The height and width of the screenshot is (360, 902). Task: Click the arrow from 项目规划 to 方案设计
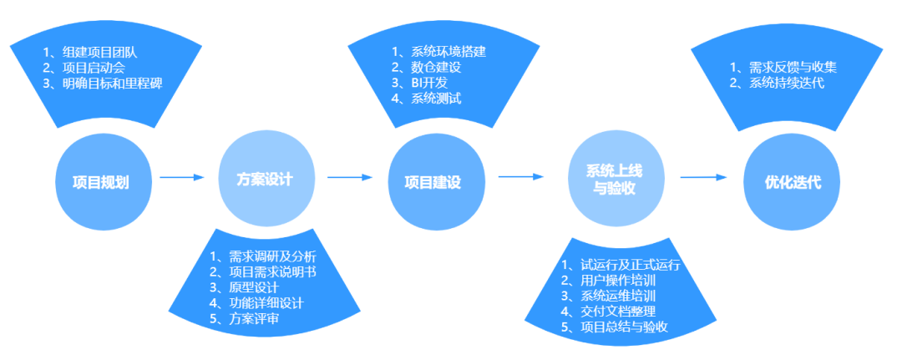[181, 177]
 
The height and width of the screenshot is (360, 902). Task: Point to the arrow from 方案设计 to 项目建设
[348, 177]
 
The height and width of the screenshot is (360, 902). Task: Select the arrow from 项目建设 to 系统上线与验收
[520, 176]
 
